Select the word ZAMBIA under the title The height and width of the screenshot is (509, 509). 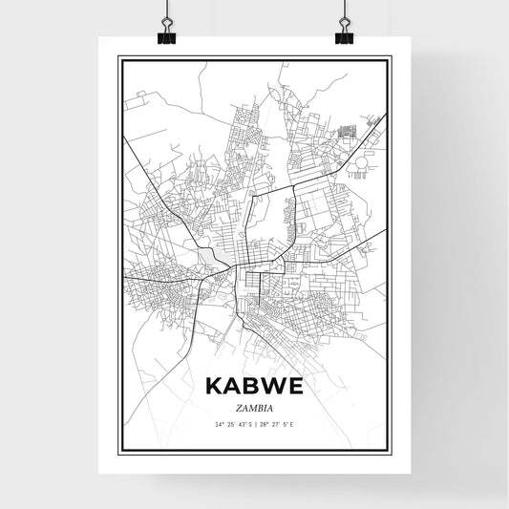coord(254,406)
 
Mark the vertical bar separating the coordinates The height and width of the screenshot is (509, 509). coord(255,423)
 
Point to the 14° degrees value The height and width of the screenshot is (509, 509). coord(220,423)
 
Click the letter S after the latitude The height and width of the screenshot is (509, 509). coord(249,423)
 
